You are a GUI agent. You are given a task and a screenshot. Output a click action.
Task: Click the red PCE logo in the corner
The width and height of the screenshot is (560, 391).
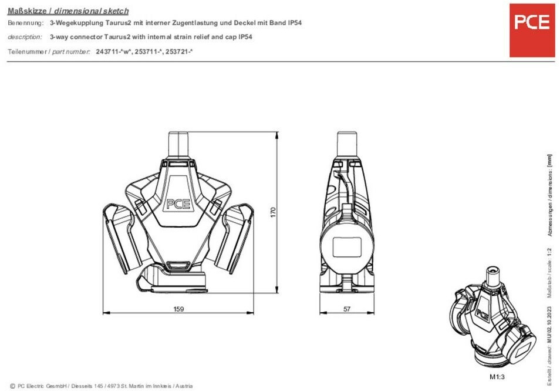(x=532, y=31)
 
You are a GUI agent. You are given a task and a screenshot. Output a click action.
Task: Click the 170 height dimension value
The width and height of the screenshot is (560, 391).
(x=273, y=212)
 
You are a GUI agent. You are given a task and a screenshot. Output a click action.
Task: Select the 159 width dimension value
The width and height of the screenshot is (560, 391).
(x=178, y=309)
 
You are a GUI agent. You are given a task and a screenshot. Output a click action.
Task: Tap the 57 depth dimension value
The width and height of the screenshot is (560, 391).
(x=347, y=309)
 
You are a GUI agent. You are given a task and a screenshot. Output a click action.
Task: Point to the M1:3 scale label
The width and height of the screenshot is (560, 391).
(x=497, y=377)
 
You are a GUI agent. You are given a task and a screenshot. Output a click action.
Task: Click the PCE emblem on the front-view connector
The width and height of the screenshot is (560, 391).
(x=178, y=204)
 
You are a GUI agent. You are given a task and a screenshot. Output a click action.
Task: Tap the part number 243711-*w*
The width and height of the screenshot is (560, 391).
(x=114, y=52)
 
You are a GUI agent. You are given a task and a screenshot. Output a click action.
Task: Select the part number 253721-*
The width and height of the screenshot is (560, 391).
(x=179, y=52)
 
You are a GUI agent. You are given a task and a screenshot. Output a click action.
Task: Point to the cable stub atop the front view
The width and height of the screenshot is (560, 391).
(x=178, y=144)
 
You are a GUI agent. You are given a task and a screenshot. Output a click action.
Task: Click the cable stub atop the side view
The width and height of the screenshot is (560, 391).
(x=347, y=144)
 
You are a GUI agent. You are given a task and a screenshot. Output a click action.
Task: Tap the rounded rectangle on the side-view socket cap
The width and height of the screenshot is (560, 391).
(x=347, y=247)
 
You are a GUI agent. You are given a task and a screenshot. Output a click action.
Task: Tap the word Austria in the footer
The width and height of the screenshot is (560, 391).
(x=184, y=386)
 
